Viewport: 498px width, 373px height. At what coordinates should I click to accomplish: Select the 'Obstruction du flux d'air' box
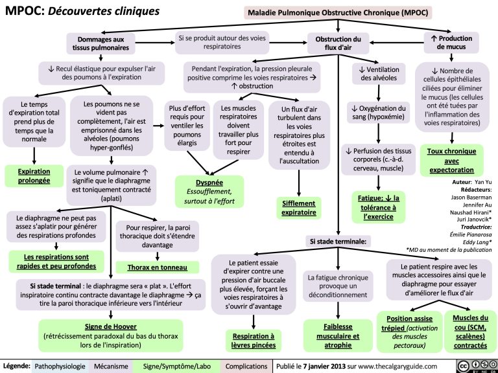pyautogui.click(x=338, y=43)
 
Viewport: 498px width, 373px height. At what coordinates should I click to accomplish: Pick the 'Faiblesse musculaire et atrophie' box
pyautogui.click(x=338, y=332)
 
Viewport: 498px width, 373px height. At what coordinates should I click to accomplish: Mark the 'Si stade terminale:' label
pyautogui.click(x=338, y=241)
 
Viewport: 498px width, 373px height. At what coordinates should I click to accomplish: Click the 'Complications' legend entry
pyautogui.click(x=246, y=366)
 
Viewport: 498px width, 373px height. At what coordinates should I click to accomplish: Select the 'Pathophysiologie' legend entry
pyautogui.click(x=59, y=366)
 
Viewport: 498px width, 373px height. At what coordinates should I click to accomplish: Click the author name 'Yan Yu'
pyautogui.click(x=483, y=183)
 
